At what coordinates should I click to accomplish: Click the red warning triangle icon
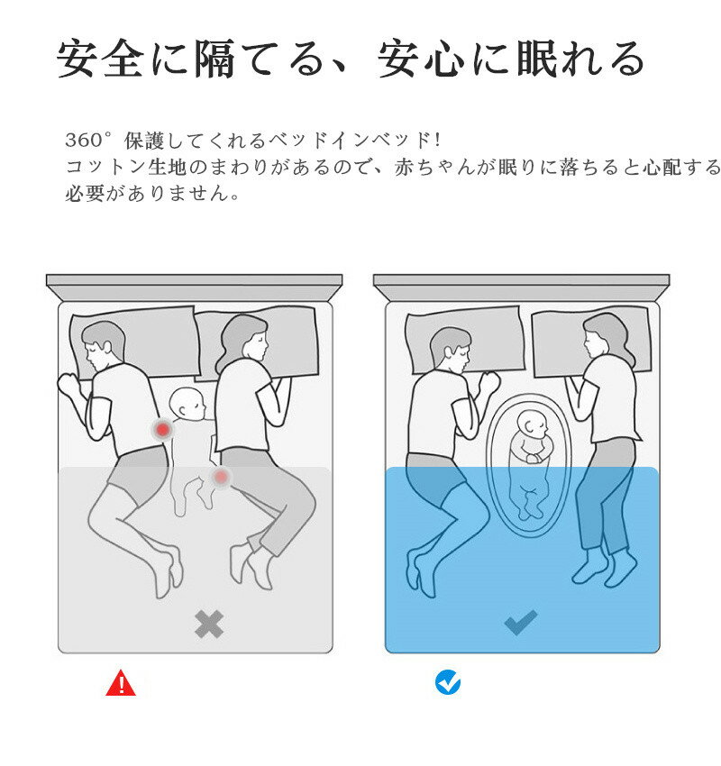coord(121,683)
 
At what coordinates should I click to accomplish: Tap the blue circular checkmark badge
coord(447,682)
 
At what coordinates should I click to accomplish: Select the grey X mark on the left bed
coord(209,624)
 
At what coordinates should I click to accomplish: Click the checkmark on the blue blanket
coord(521,623)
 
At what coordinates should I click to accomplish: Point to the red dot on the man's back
coord(162,430)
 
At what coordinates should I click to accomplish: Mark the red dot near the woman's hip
coord(221,477)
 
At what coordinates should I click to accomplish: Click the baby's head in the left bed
coord(187,404)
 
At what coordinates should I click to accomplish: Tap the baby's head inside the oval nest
coord(534,424)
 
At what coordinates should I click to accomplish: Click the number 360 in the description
coord(83,141)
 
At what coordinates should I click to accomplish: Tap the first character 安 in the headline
coord(76,59)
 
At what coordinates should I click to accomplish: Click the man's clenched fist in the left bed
coord(68,385)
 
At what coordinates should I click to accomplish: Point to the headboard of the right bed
coord(521,287)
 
